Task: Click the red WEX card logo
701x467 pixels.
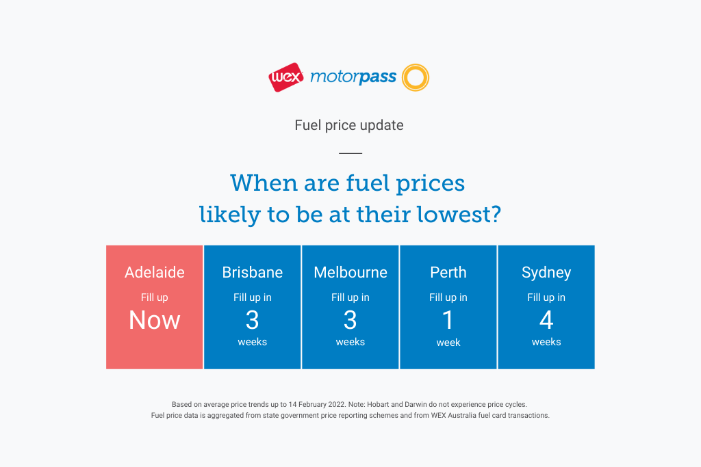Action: pos(286,77)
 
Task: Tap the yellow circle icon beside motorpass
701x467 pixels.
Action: pos(416,65)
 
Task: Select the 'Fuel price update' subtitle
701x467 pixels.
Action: pos(349,125)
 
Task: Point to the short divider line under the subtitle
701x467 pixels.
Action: pos(350,153)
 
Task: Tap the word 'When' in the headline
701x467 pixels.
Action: pos(264,183)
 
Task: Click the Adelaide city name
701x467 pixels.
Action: pos(155,272)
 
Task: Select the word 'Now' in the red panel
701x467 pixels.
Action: pos(155,320)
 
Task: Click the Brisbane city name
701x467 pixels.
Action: pos(253,272)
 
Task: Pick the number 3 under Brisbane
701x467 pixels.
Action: pos(253,320)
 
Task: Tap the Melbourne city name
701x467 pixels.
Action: pos(350,272)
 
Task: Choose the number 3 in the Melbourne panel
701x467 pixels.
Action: pos(350,320)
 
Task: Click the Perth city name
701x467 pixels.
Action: pos(448,272)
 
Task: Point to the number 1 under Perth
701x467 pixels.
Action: pos(448,320)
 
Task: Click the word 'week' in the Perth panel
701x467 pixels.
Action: pos(448,343)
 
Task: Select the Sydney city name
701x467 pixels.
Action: pos(546,273)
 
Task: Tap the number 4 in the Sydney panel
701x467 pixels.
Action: pos(546,320)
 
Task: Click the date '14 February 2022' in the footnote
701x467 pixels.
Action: pos(317,405)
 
